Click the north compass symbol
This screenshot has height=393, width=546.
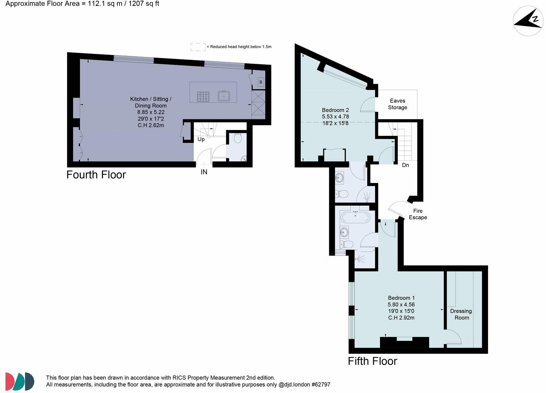(x=528, y=21)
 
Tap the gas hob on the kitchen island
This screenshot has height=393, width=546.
(x=203, y=96)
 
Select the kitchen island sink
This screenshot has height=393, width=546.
(x=224, y=96)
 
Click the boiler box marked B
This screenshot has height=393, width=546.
(x=261, y=82)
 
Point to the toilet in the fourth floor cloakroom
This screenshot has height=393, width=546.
(x=237, y=138)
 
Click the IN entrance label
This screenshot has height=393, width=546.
(x=204, y=172)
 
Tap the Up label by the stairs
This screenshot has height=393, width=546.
(x=201, y=139)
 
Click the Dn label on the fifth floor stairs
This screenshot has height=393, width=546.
(x=405, y=165)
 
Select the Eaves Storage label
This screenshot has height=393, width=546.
(x=397, y=104)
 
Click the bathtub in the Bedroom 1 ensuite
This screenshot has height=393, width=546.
(x=355, y=217)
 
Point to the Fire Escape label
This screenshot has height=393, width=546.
(x=418, y=214)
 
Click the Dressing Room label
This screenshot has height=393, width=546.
(x=461, y=314)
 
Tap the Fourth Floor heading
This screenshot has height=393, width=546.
(x=96, y=175)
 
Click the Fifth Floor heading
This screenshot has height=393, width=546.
(x=372, y=361)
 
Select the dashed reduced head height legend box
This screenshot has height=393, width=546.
(x=198, y=47)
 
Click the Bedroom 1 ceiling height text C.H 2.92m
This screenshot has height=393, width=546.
(x=401, y=318)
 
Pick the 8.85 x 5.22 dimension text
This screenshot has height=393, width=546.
(x=151, y=112)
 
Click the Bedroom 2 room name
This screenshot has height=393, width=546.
(x=335, y=110)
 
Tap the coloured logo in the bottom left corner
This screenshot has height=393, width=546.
(x=20, y=381)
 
